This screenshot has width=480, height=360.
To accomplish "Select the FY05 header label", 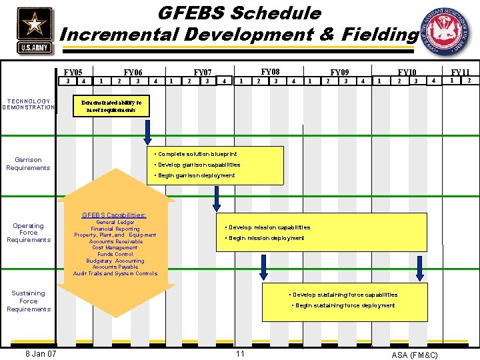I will [73, 72].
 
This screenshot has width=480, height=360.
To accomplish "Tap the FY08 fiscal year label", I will [270, 71].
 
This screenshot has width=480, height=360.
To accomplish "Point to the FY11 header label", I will [460, 72].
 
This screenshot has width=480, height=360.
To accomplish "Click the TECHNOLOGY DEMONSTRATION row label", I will [29, 105].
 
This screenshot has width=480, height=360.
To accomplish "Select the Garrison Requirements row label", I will [28, 164].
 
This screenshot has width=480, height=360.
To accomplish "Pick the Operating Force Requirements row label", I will [29, 233].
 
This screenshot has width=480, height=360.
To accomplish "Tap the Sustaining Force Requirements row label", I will [29, 301].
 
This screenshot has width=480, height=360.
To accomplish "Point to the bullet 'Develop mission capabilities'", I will [269, 227].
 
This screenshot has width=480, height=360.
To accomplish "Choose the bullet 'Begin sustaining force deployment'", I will [345, 305].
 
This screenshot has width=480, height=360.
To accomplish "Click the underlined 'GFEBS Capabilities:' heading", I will [114, 215].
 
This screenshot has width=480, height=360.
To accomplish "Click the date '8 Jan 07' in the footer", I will [40, 353].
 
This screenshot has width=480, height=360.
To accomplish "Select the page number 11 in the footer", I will [241, 353].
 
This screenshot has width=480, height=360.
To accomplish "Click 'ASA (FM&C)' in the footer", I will [415, 355].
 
